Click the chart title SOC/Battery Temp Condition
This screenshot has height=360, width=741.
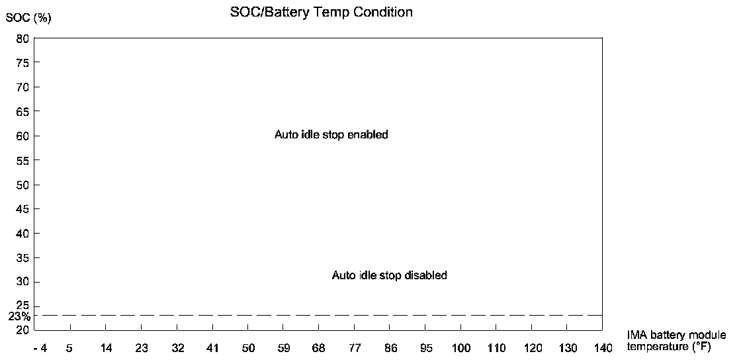click(321, 12)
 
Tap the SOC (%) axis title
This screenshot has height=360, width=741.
click(28, 18)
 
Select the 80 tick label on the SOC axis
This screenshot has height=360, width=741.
click(22, 38)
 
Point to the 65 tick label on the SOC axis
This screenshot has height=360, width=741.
click(22, 111)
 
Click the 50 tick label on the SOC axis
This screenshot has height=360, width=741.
click(22, 185)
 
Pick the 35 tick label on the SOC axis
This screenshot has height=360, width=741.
click(22, 257)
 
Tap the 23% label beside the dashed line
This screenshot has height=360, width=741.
click(19, 316)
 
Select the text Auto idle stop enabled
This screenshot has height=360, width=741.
click(331, 135)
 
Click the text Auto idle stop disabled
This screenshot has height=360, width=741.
click(389, 275)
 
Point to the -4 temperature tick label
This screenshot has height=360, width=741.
click(41, 348)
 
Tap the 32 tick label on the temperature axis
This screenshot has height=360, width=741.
click(177, 348)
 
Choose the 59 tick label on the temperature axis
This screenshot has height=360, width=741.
click(284, 348)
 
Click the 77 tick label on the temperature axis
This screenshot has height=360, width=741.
click(355, 348)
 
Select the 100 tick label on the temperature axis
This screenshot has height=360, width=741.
click(461, 348)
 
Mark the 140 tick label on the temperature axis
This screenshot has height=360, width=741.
click(602, 348)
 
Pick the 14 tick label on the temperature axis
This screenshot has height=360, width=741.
click(105, 348)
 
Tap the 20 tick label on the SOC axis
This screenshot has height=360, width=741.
click(22, 330)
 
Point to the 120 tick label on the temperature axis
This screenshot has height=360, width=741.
click(532, 348)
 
